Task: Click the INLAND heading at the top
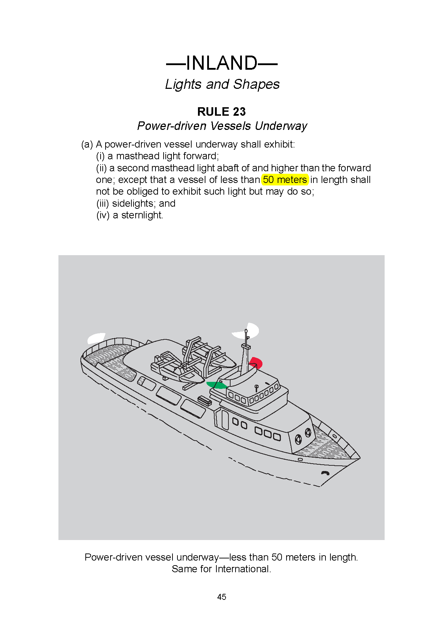(x=222, y=63)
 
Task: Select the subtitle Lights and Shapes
(x=222, y=84)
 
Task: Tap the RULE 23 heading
(x=221, y=112)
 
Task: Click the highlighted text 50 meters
(x=285, y=180)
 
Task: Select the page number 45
(x=222, y=597)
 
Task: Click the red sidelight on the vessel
(x=256, y=362)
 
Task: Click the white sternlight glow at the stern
(x=96, y=338)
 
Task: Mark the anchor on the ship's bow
(x=325, y=473)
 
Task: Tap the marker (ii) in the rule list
(x=101, y=168)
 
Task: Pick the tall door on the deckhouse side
(x=225, y=419)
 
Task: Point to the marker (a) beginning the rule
(x=87, y=144)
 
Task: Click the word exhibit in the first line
(x=278, y=144)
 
